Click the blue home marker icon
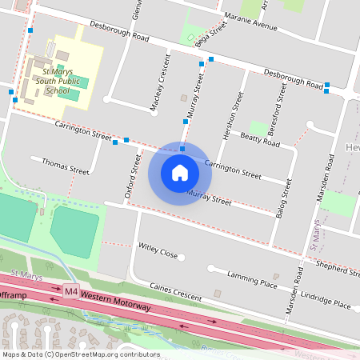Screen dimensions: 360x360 (180, 172)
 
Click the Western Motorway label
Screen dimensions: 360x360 (119, 296)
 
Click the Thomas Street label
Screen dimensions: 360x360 (66, 166)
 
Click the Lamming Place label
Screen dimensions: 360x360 (251, 279)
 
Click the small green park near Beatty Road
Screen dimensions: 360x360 (258, 128)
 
